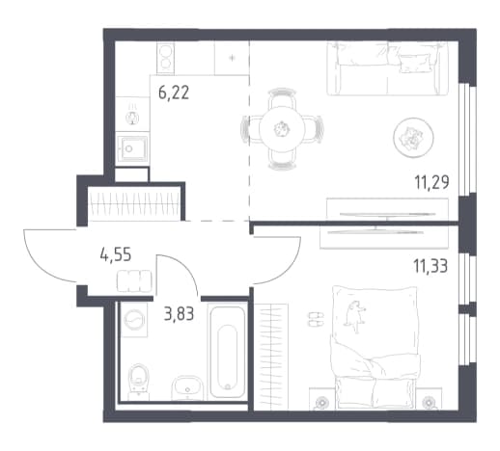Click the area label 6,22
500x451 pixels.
pyautogui.click(x=174, y=93)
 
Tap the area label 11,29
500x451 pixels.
pyautogui.click(x=431, y=183)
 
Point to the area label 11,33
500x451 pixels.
pyautogui.click(x=431, y=266)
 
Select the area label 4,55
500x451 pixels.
pyautogui.click(x=116, y=255)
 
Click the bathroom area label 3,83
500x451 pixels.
pyautogui.click(x=179, y=313)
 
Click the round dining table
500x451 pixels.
pyautogui.click(x=282, y=129)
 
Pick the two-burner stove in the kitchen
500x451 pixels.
pyautogui.click(x=166, y=58)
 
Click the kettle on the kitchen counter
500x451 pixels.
pyautogui.click(x=132, y=117)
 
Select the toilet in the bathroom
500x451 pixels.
pyautogui.click(x=139, y=382)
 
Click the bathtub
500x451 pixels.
pyautogui.click(x=228, y=351)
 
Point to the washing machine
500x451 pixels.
pyautogui.click(x=134, y=320)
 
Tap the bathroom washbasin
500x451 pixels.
pyautogui.click(x=187, y=388)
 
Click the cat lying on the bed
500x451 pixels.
pyautogui.click(x=355, y=316)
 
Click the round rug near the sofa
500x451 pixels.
pyautogui.click(x=413, y=138)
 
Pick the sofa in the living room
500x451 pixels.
pyautogui.click(x=387, y=68)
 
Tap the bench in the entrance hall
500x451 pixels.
pyautogui.click(x=134, y=281)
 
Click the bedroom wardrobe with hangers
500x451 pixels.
pyautogui.click(x=271, y=357)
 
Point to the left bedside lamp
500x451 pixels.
pyautogui.click(x=320, y=402)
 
